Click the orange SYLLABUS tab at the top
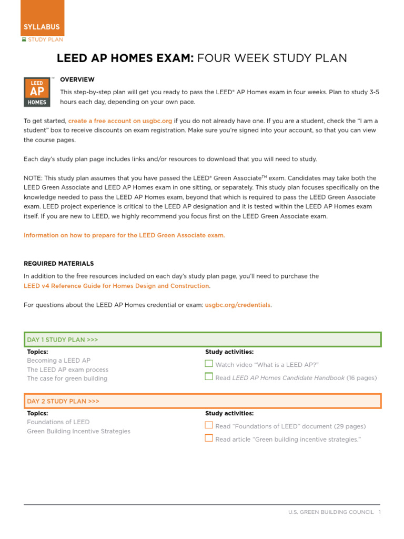(x=42, y=26)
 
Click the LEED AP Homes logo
(x=37, y=92)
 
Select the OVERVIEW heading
(x=77, y=79)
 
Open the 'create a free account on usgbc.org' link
(x=120, y=121)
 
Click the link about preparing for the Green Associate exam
(x=124, y=235)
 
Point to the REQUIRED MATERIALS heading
(x=59, y=263)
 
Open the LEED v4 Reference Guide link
(x=116, y=286)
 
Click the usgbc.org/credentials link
(x=237, y=305)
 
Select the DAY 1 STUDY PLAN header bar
(x=203, y=340)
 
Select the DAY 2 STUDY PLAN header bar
(x=203, y=401)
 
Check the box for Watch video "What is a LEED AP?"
(x=209, y=364)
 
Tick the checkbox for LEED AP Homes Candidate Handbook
(x=209, y=376)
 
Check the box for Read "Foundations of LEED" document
(x=209, y=425)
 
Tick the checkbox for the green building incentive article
(x=209, y=438)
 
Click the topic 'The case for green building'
(x=67, y=378)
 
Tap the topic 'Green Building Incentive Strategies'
(x=78, y=431)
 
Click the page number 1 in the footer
(x=379, y=512)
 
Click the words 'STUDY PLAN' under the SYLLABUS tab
(x=45, y=39)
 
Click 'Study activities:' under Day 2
(x=229, y=413)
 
